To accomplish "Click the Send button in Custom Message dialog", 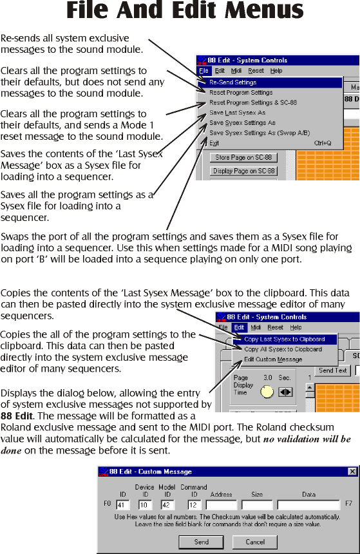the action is point(201,542).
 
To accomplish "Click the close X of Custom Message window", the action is point(352,472).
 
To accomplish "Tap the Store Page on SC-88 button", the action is point(243,158).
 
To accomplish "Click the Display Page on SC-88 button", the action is point(243,171).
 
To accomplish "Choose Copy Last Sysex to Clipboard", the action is point(285,339).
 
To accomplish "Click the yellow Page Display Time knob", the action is point(267,392).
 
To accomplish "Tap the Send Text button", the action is point(332,370).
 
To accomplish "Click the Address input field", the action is point(221,505).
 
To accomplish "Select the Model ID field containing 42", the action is point(167,505).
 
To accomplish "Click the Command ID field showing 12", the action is point(194,505).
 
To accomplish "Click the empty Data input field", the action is point(308,505).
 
